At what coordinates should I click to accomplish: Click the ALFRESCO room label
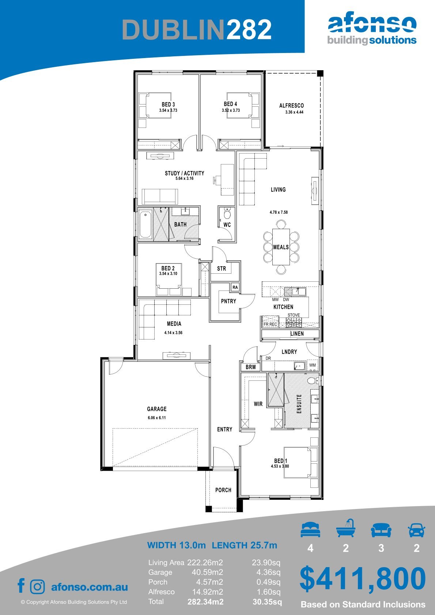(291, 106)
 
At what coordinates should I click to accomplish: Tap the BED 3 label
(168, 105)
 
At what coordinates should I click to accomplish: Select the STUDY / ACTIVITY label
(185, 173)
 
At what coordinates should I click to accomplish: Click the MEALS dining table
(281, 247)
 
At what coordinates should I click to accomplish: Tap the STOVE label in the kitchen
(294, 315)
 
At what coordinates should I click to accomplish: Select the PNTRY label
(228, 301)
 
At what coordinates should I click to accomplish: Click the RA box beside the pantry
(235, 287)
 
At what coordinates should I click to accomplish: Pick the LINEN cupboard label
(297, 334)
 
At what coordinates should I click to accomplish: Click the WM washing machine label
(312, 365)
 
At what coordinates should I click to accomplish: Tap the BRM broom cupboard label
(250, 367)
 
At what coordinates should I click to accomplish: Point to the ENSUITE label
(299, 403)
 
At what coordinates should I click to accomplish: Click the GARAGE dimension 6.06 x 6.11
(156, 418)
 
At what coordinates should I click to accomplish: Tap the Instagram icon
(37, 586)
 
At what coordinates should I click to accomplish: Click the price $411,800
(363, 579)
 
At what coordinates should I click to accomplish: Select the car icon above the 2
(417, 530)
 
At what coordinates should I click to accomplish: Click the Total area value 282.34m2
(205, 602)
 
